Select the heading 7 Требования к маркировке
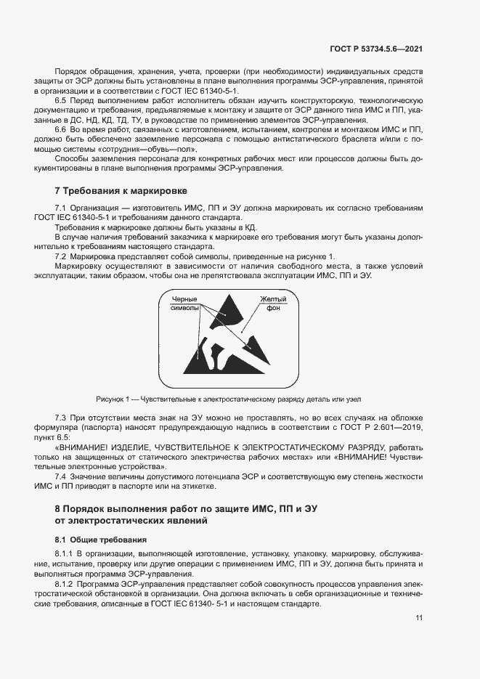[121, 191]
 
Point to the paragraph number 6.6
[62, 129]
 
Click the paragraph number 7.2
[62, 256]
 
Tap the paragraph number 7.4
[62, 475]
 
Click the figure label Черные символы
[184, 304]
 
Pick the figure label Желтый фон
[273, 304]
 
